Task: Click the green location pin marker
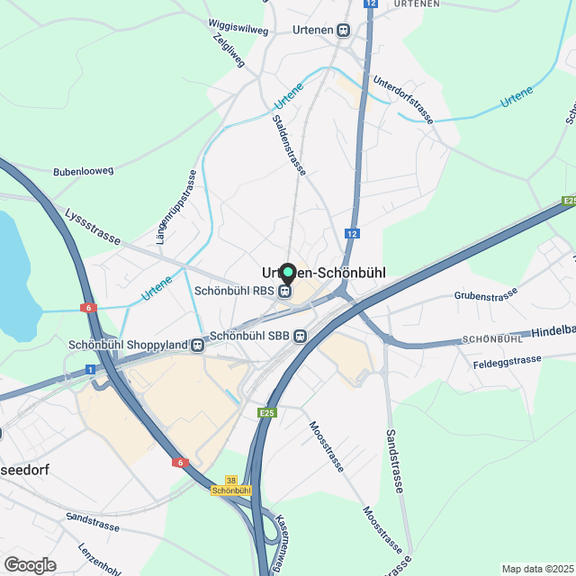point(288,272)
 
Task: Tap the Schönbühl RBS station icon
point(284,291)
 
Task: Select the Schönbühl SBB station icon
point(300,336)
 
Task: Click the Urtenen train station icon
point(343,30)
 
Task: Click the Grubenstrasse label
point(487,295)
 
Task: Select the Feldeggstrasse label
point(507,360)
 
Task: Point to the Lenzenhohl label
point(99,558)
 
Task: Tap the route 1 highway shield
point(90,369)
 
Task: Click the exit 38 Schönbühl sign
point(231,486)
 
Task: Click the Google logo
point(30,564)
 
